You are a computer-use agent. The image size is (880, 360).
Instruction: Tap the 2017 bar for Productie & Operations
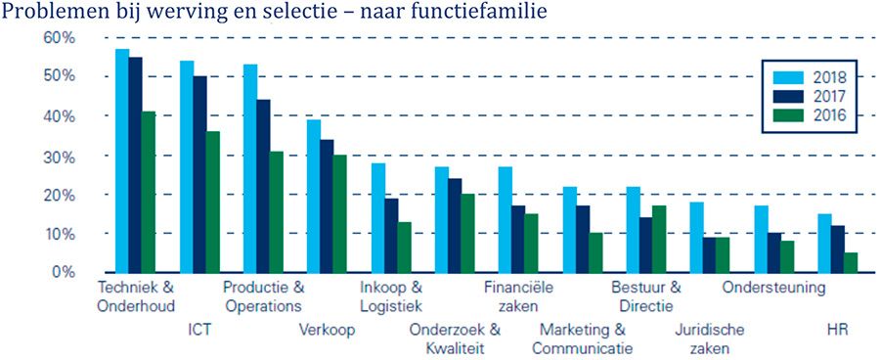tap(264, 186)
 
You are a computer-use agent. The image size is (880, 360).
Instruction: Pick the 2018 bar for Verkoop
tap(314, 196)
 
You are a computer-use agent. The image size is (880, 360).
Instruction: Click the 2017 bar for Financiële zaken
tap(518, 239)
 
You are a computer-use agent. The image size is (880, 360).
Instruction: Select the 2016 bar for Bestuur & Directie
tap(659, 239)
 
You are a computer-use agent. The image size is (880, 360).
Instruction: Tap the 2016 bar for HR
tap(852, 262)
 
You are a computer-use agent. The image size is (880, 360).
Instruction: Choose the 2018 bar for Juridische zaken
tap(697, 237)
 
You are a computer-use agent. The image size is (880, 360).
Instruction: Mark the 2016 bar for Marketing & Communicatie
tap(595, 252)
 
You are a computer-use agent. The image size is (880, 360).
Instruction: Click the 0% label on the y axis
tap(65, 272)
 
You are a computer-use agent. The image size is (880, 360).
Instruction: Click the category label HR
tap(838, 330)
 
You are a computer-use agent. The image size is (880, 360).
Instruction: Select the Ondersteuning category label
tap(773, 288)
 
